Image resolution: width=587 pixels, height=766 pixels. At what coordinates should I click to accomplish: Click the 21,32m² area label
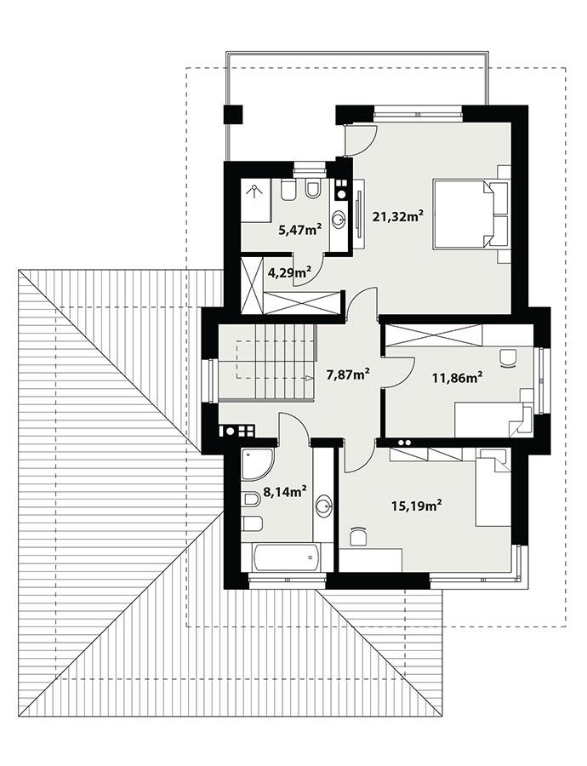pyautogui.click(x=398, y=217)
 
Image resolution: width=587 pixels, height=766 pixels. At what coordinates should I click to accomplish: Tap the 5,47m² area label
pyautogui.click(x=300, y=229)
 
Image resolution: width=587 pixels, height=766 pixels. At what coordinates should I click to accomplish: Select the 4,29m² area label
pyautogui.click(x=289, y=272)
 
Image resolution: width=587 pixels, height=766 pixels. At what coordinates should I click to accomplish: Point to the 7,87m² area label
pyautogui.click(x=348, y=373)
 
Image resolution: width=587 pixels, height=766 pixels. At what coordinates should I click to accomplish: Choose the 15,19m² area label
pyautogui.click(x=416, y=506)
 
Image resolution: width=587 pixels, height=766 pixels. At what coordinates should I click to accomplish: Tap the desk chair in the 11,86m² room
pyautogui.click(x=510, y=358)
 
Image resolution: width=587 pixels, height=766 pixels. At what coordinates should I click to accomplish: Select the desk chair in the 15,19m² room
pyautogui.click(x=358, y=536)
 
